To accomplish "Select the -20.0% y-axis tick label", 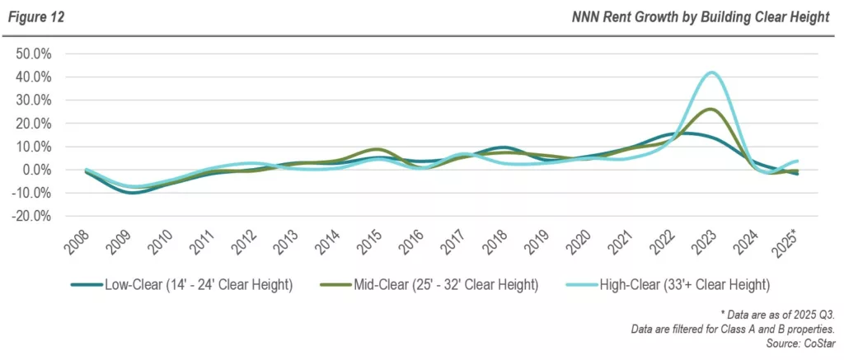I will (x=31, y=216).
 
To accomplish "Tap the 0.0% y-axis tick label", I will (x=35, y=170).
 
